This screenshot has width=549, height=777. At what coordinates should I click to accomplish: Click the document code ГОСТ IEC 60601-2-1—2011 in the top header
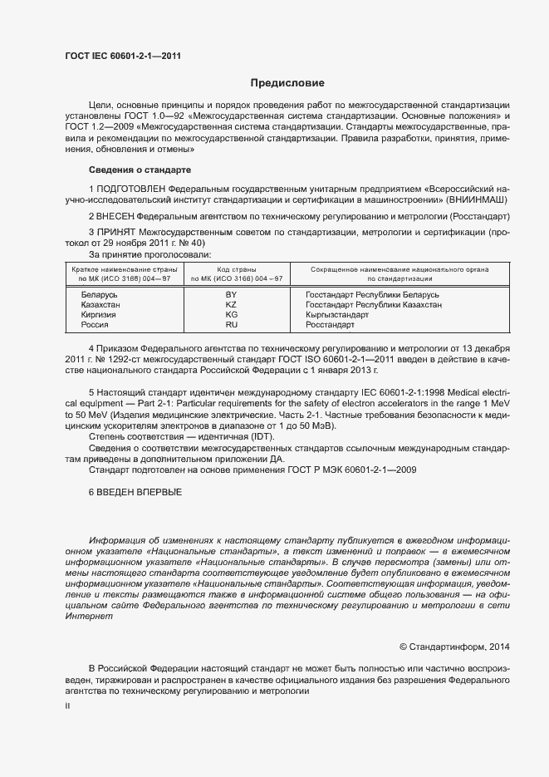[122, 56]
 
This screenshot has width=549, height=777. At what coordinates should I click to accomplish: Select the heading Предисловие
[287, 83]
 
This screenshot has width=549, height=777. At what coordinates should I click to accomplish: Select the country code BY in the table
[231, 295]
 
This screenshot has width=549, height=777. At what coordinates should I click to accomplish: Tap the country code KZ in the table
[231, 305]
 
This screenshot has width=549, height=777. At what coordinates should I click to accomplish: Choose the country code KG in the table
[231, 315]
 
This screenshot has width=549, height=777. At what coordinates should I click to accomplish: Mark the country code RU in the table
[231, 325]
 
